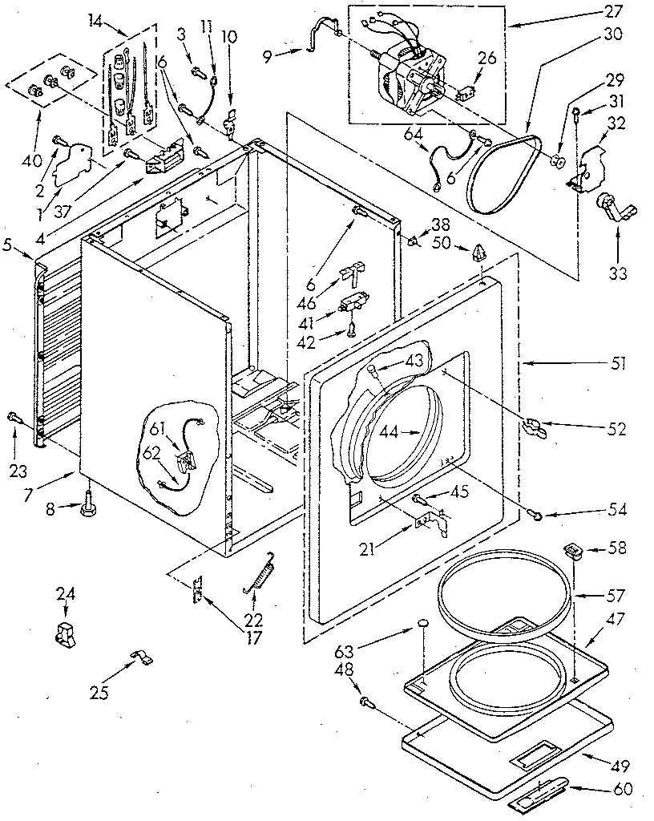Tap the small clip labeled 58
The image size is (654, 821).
[x=572, y=548]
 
